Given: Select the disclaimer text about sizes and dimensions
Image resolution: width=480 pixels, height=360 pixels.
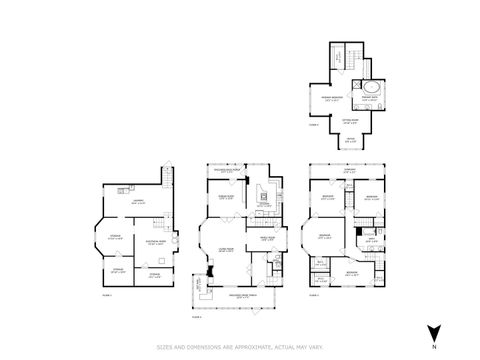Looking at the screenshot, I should (240, 347).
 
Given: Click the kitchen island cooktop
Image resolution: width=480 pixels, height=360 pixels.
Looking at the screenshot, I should (265, 196).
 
